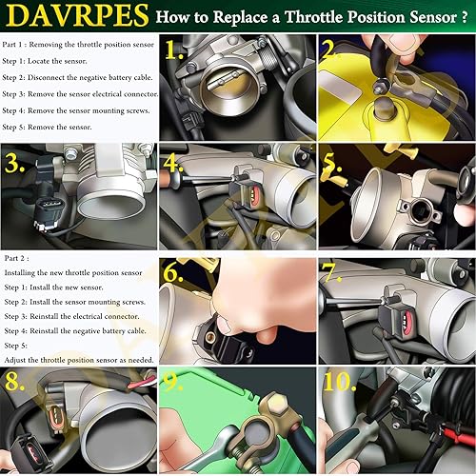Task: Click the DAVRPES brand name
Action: point(77,15)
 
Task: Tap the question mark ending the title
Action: point(465,17)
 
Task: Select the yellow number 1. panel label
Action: point(174,50)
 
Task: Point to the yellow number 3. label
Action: point(14,163)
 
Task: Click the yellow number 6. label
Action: point(173,273)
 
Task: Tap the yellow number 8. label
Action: point(14,381)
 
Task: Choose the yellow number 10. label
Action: point(340,382)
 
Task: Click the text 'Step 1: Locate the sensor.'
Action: point(45,61)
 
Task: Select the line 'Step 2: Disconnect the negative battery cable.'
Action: point(77,77)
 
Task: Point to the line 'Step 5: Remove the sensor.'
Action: point(47,127)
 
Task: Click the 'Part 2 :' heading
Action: point(16,258)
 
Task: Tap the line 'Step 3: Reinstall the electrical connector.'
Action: point(71,316)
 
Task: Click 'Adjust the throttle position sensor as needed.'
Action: point(79,360)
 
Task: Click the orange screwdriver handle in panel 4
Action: point(166,179)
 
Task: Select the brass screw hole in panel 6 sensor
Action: point(209,337)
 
